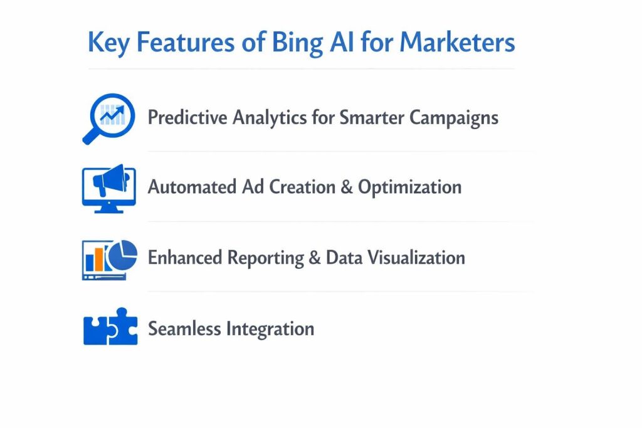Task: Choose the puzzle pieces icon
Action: (109, 328)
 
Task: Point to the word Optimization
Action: (409, 187)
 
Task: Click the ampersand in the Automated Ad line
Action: (344, 187)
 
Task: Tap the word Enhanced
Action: (185, 258)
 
